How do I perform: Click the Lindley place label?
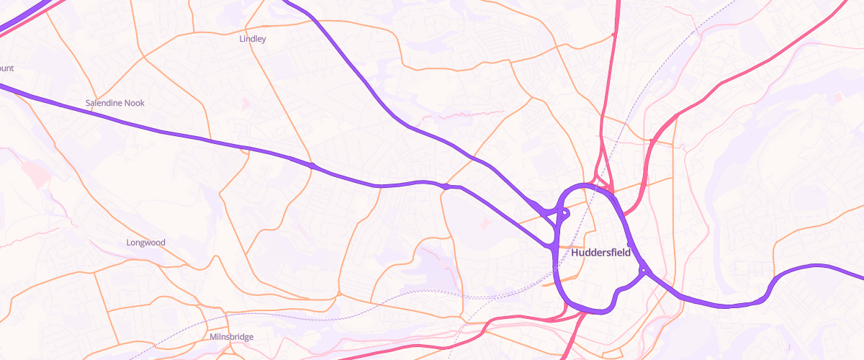(x=253, y=39)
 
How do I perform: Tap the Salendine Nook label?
(x=115, y=103)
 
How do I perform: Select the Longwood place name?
(x=145, y=243)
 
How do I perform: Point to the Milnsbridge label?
(x=231, y=336)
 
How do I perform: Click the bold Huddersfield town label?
(x=600, y=253)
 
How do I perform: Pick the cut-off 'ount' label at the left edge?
(x=6, y=68)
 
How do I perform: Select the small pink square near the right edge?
(x=837, y=97)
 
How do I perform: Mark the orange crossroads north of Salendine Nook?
(x=143, y=56)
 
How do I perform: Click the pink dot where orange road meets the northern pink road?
(x=613, y=34)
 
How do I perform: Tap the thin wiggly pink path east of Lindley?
(x=461, y=114)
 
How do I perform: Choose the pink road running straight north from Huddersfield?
(x=609, y=86)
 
